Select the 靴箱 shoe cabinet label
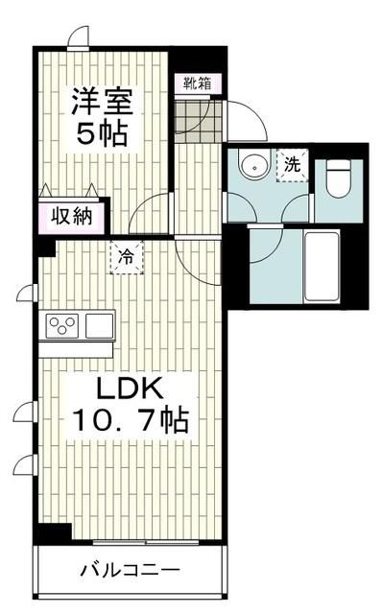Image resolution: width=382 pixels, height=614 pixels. pyautogui.click(x=199, y=83)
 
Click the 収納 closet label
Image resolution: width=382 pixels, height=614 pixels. pyautogui.click(x=73, y=215)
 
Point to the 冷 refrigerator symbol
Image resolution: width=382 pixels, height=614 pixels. pyautogui.click(x=125, y=256)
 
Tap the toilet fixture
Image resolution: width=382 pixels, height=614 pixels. pyautogui.click(x=338, y=178)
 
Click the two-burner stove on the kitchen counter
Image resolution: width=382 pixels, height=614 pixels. pyautogui.click(x=60, y=324)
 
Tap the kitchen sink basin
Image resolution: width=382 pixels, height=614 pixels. pyautogui.click(x=99, y=324)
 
